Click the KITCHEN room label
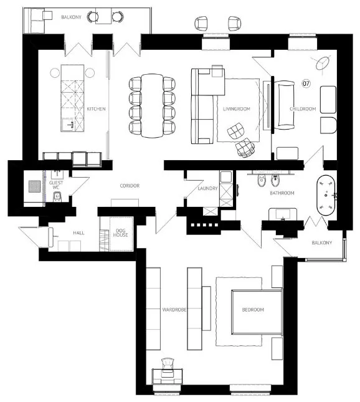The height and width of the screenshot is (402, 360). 96,109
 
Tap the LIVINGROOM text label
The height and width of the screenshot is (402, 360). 237,109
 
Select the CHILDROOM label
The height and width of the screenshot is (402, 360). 303,109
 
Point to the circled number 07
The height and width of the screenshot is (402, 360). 306,83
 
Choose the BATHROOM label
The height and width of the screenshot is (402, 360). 282,193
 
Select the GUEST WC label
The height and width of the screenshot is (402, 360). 55,184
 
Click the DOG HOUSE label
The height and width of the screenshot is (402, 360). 120,234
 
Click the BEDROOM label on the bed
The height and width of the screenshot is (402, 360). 253,310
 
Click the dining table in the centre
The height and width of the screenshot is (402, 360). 152,105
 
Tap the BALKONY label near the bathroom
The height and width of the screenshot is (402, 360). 322,242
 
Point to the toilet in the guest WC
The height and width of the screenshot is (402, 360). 57,198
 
